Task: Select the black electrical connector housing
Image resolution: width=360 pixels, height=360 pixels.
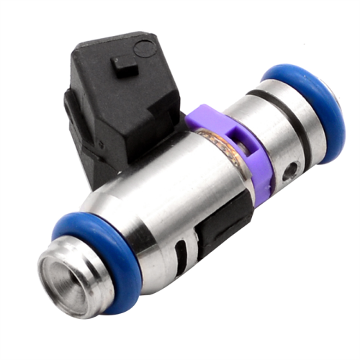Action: coord(119,101)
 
